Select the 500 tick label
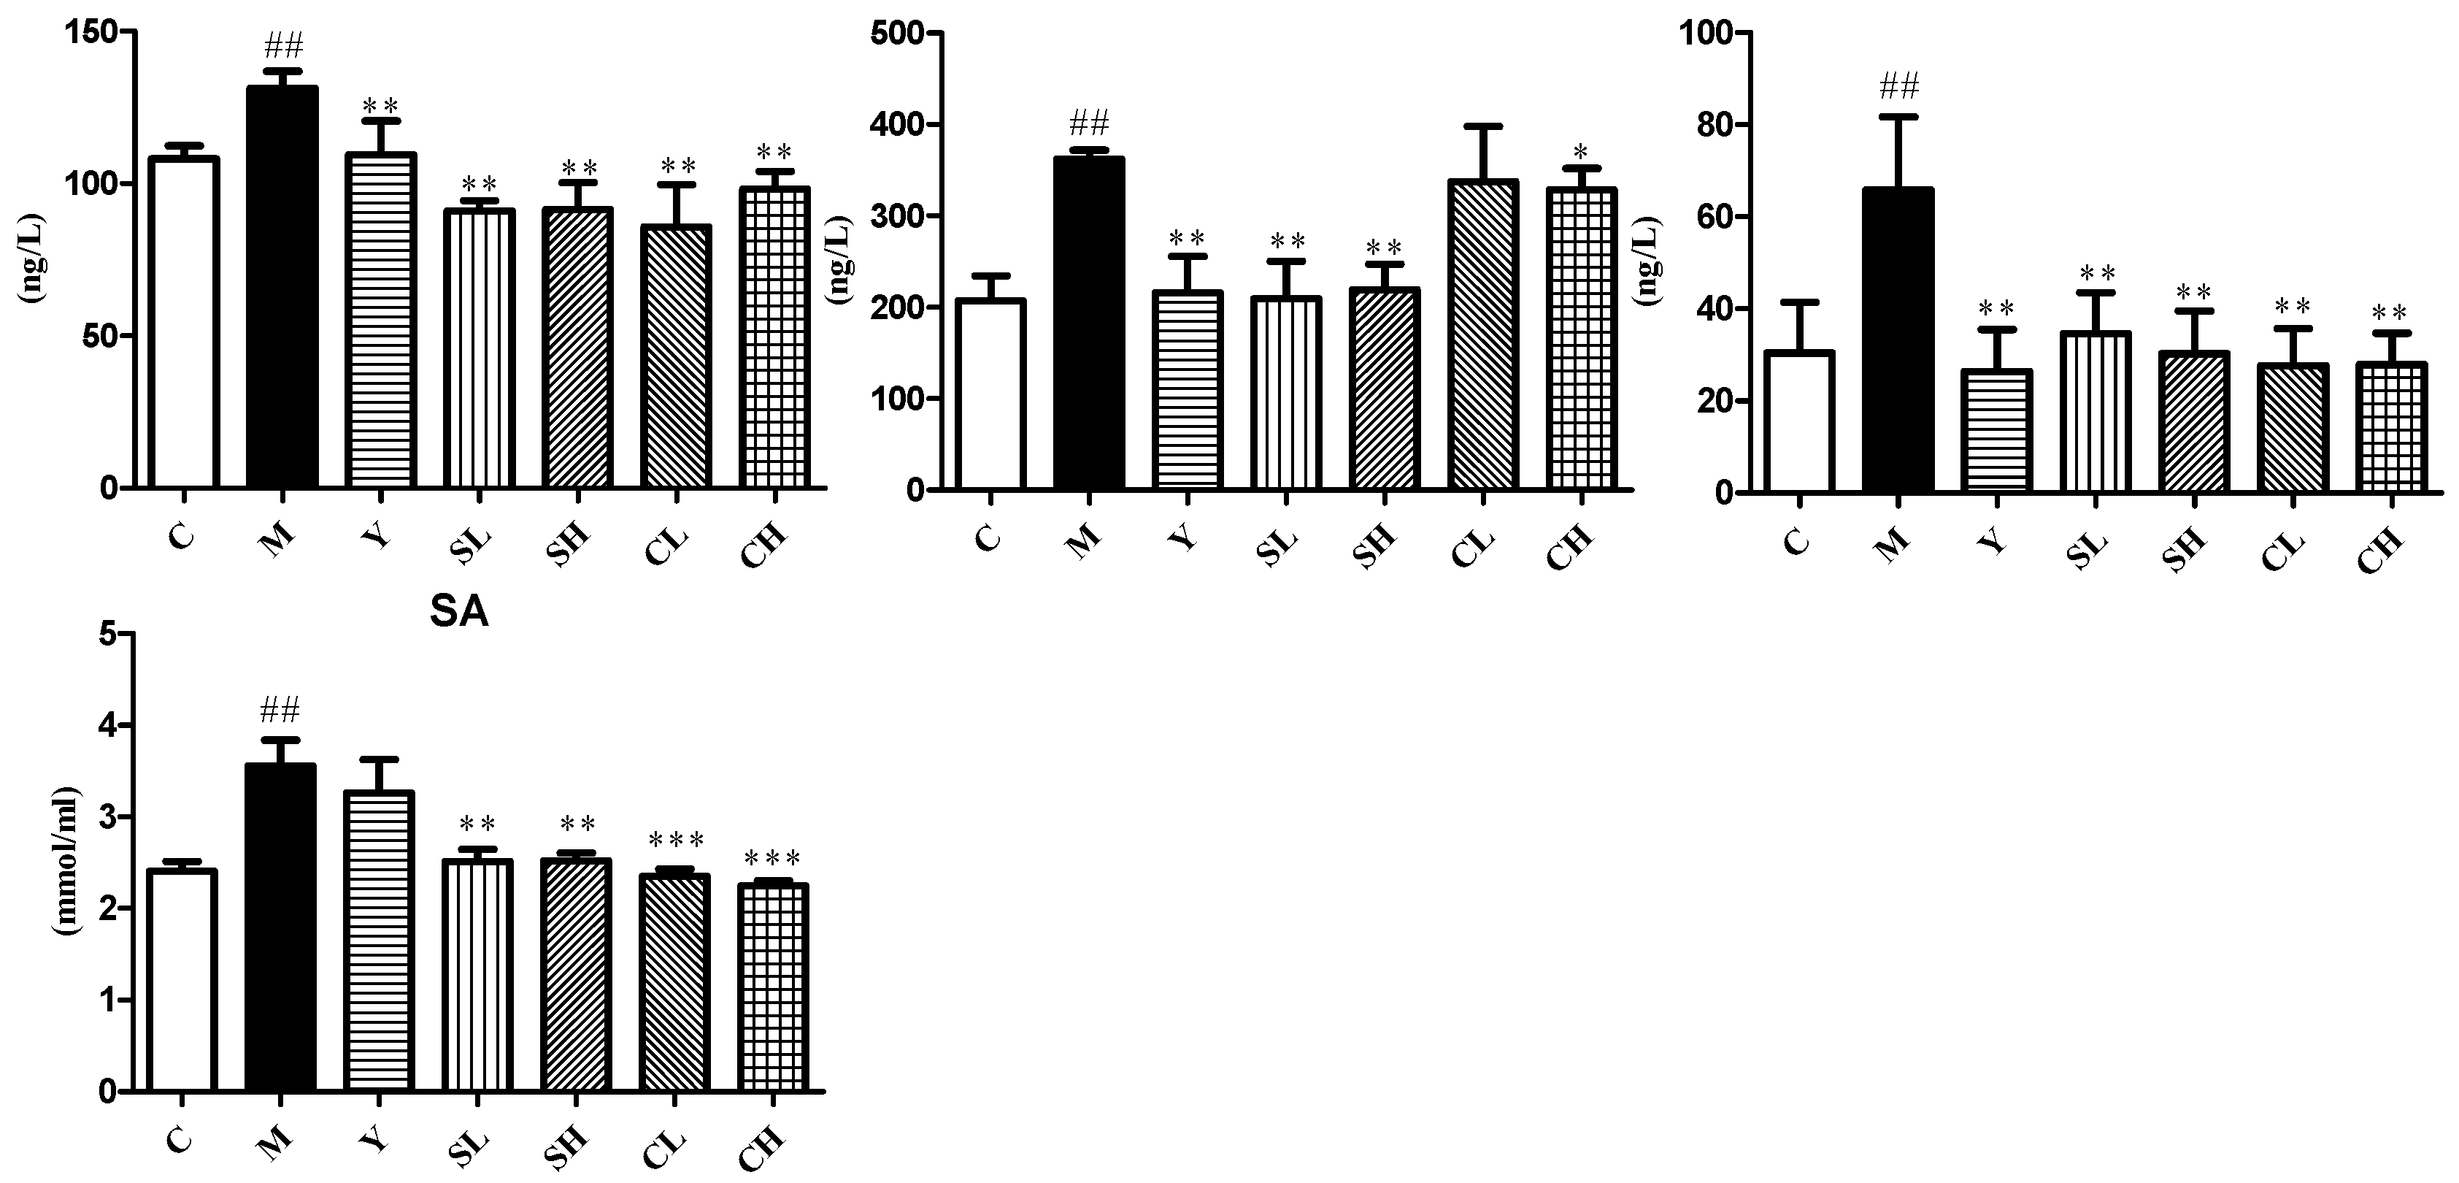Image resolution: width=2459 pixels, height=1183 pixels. [x=900, y=34]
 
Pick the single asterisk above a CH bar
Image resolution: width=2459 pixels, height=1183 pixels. [x=1581, y=152]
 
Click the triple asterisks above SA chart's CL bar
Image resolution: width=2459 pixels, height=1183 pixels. [x=676, y=841]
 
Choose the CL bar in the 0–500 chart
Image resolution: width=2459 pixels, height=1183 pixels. [x=1482, y=335]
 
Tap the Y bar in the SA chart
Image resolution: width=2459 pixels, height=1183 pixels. [x=379, y=941]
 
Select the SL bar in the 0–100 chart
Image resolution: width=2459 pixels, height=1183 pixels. [x=2096, y=412]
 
